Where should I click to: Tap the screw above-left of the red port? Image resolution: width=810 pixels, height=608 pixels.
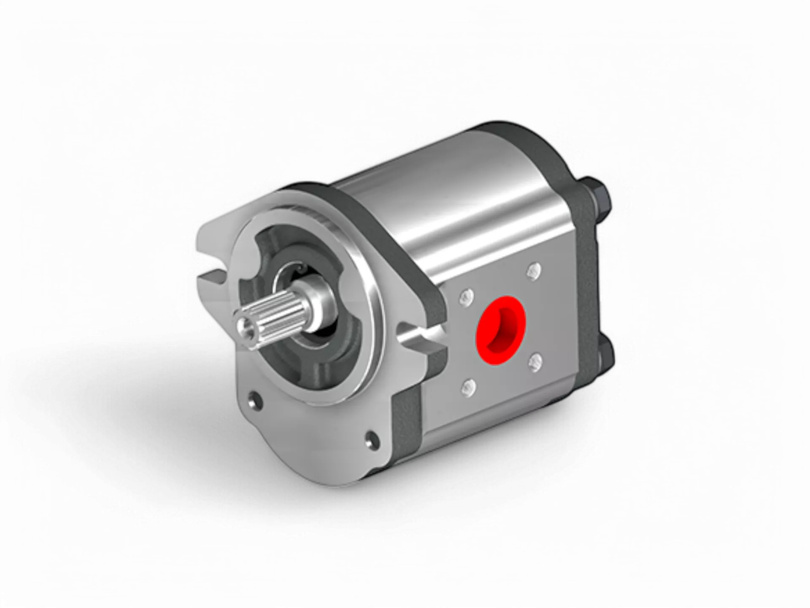point(466,299)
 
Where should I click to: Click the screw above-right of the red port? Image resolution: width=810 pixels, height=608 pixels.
point(534,271)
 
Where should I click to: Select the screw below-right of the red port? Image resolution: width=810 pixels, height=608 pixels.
point(535,362)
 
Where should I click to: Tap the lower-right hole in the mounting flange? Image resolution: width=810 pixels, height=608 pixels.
point(371,439)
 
